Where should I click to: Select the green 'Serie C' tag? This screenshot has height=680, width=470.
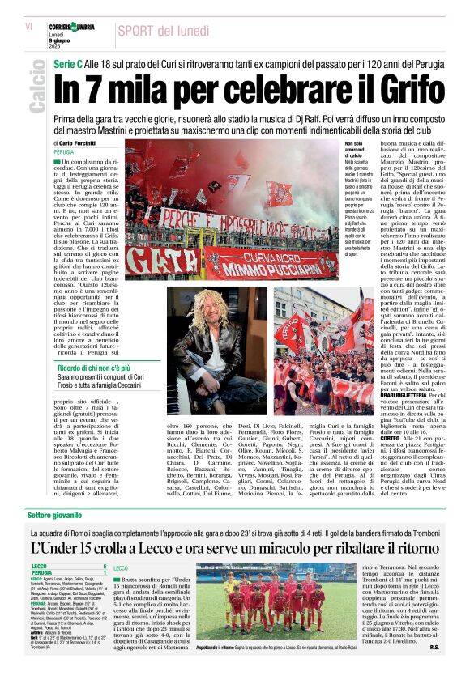pyautogui.click(x=67, y=62)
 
